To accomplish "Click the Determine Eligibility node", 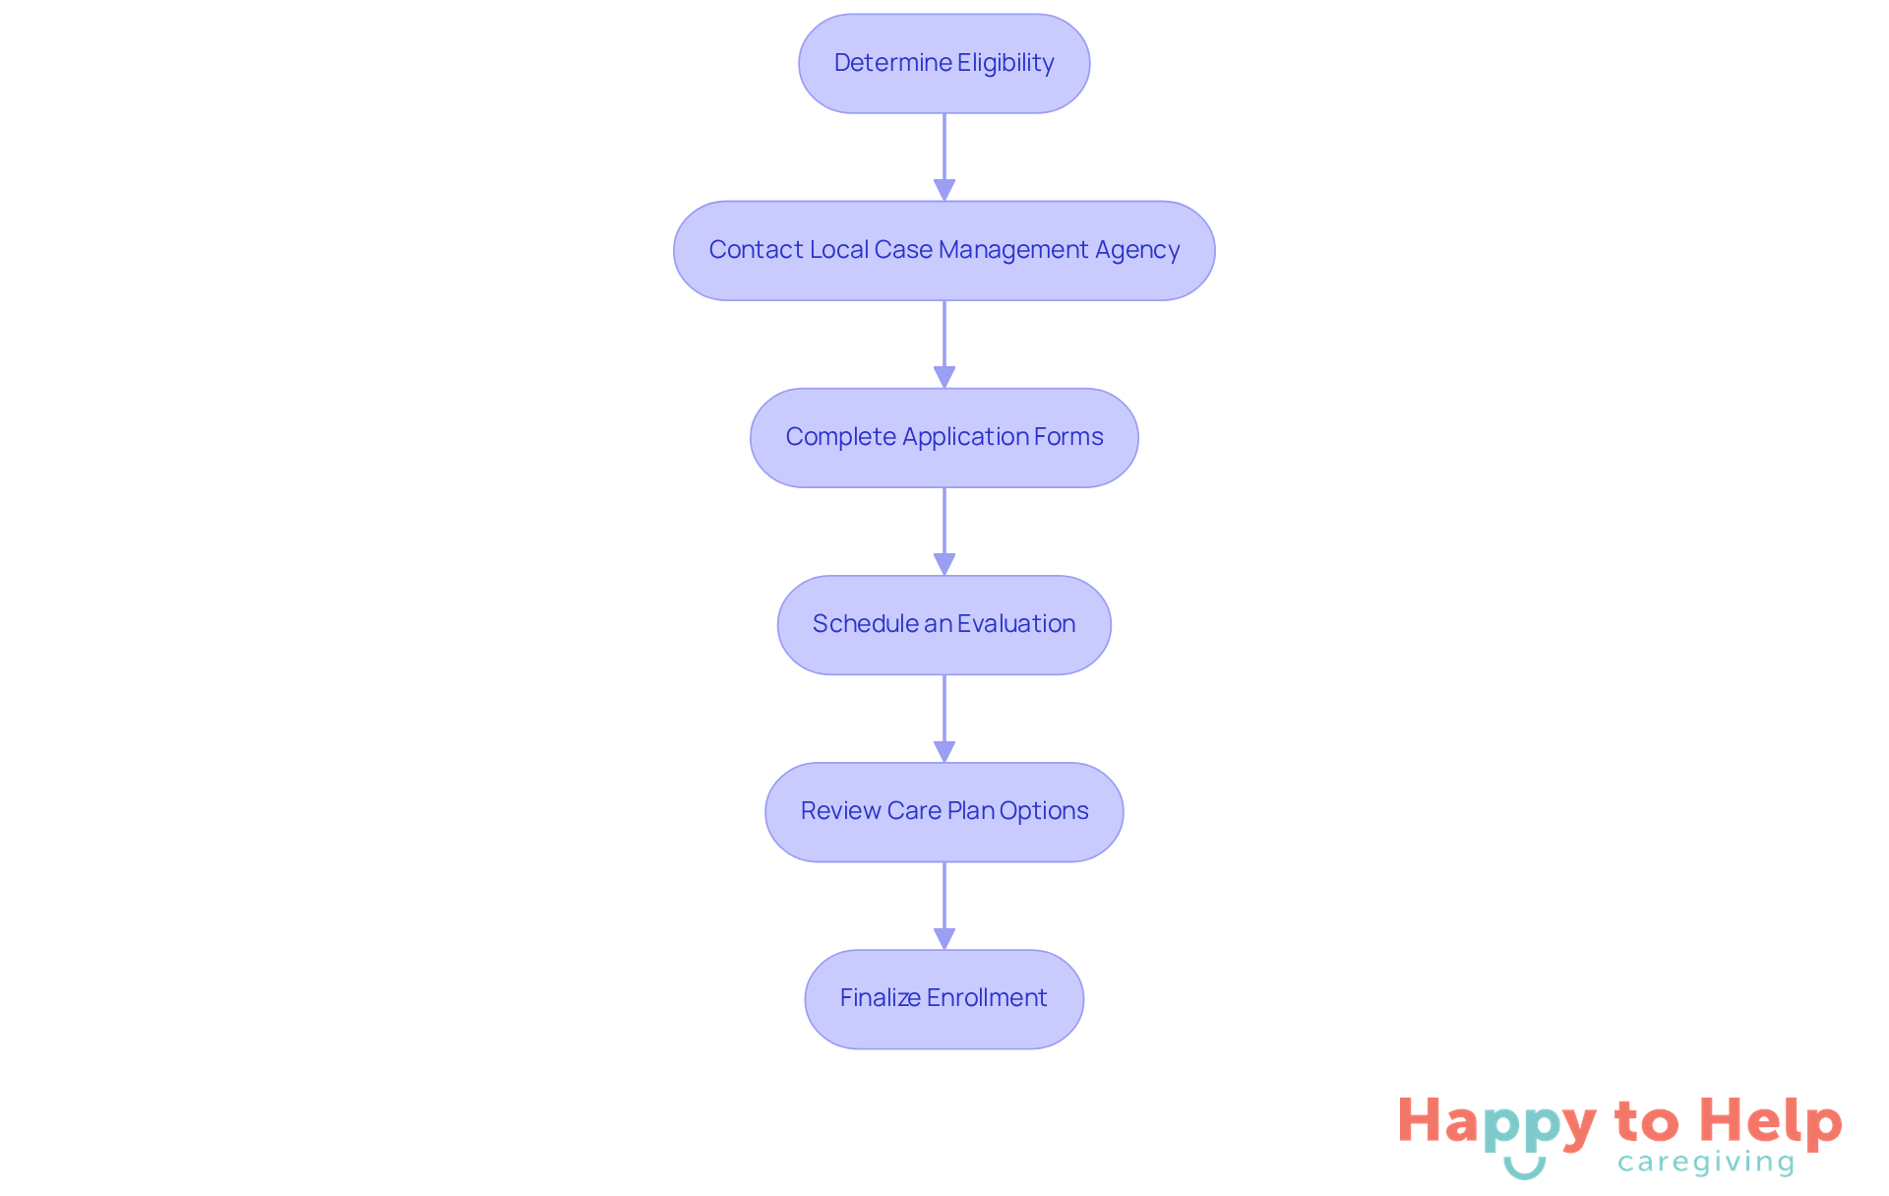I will point(944,64).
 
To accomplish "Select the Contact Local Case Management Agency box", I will point(944,251).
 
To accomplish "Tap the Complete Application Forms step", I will point(944,438).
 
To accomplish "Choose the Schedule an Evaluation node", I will point(944,625).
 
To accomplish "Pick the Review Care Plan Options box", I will point(944,812).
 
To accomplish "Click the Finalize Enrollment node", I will point(944,999).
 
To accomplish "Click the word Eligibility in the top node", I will point(1005,63).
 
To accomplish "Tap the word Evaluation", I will point(1016,624).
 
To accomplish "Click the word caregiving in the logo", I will point(1706,1163).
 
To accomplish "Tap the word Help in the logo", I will point(1770,1121).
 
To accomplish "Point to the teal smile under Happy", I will point(1524,1168).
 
